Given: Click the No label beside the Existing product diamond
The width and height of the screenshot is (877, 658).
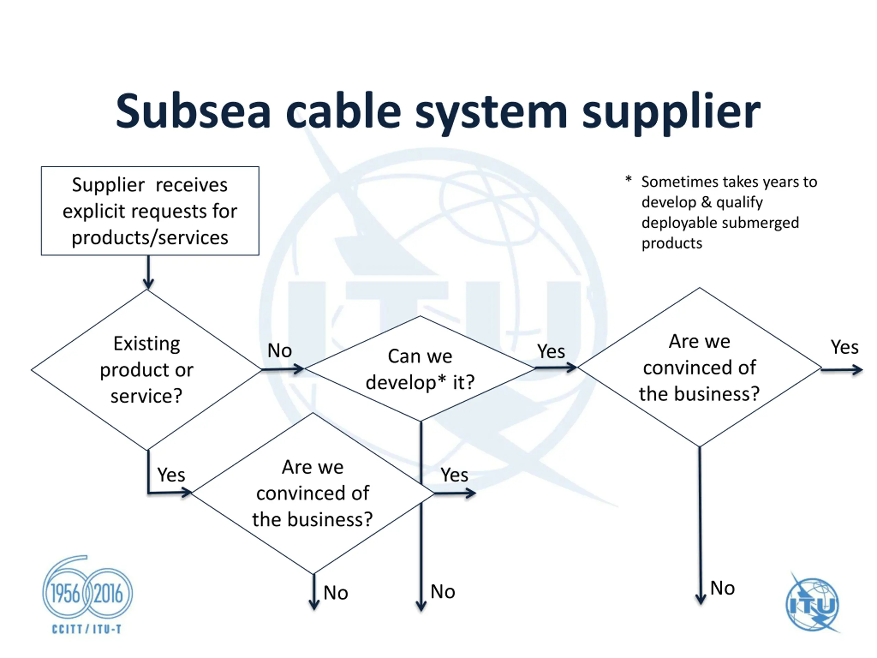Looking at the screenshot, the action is pos(280,351).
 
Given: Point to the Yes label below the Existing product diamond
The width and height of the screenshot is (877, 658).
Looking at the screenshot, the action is pos(171,475).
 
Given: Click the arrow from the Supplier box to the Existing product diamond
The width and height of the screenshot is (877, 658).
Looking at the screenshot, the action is pos(148,272).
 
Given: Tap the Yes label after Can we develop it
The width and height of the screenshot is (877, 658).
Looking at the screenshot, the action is pos(551,351).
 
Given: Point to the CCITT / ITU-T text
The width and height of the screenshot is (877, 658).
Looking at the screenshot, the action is pos(87,629).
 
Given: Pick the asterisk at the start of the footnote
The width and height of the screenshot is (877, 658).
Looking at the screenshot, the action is pos(628,179).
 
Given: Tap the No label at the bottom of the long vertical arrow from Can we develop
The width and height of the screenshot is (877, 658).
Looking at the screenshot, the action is pos(443,592).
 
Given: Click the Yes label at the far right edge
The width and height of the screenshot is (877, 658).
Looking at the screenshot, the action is pos(844,347).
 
